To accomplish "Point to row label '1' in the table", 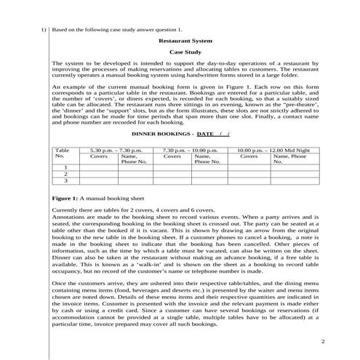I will pyautogui.click(x=65, y=167).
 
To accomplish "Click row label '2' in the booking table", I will pyautogui.click(x=65, y=174).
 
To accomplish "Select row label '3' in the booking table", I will pyautogui.click(x=65, y=181).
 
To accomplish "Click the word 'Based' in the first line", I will pyautogui.click(x=60, y=30).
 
